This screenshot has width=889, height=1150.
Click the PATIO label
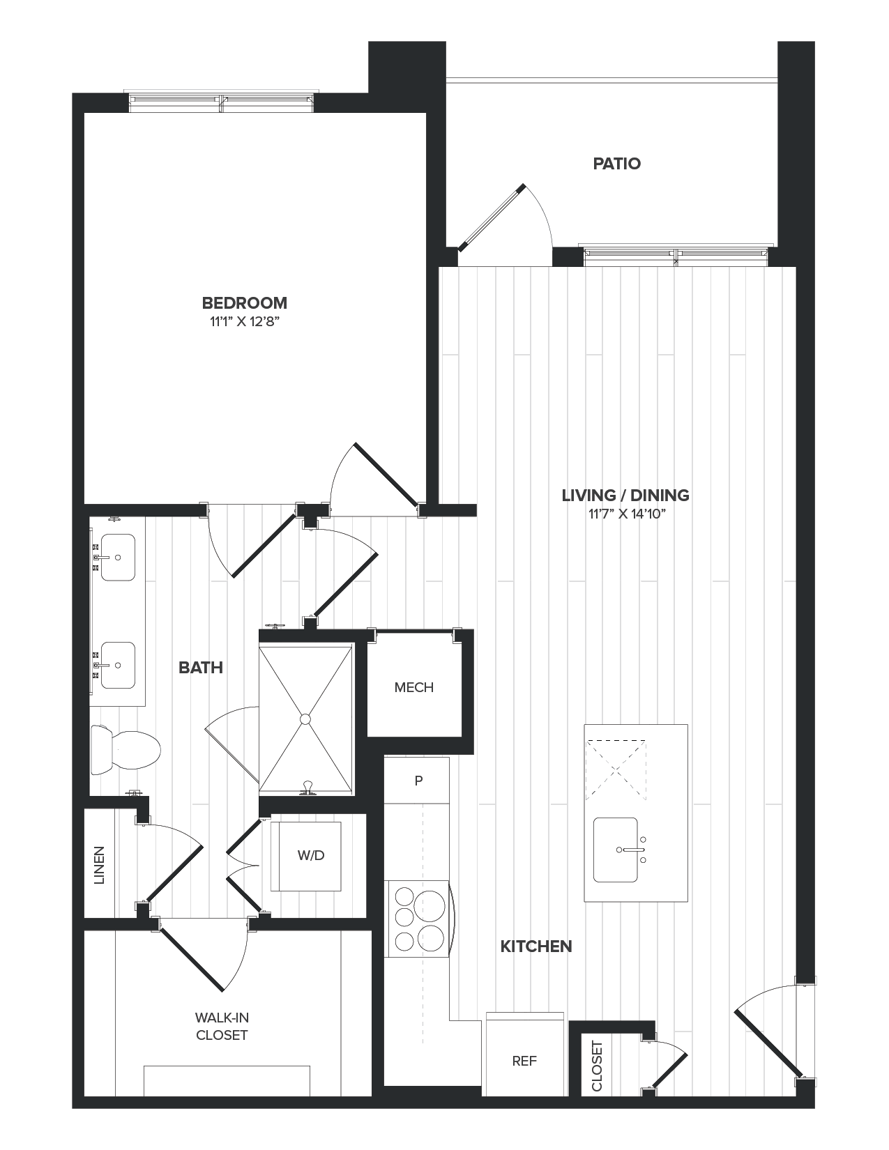(x=616, y=164)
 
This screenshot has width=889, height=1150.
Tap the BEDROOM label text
(x=244, y=303)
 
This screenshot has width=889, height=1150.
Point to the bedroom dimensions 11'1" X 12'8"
(x=244, y=322)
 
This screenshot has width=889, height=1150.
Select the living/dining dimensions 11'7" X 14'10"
(x=625, y=515)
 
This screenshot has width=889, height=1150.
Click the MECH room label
(x=413, y=688)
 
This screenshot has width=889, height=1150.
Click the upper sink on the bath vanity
(x=118, y=558)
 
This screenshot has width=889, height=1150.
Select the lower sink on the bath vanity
(x=118, y=665)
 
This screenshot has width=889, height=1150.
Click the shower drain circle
(x=305, y=719)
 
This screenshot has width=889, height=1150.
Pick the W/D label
(x=311, y=855)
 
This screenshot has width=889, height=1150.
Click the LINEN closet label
(x=99, y=865)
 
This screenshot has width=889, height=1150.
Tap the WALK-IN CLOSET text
(x=222, y=1027)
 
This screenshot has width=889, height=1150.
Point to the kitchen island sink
(x=615, y=850)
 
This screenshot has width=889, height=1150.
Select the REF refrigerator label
(x=524, y=1061)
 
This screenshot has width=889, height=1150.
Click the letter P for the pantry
(x=418, y=781)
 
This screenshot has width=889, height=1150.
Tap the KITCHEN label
(x=536, y=946)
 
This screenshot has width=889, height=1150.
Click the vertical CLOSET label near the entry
(x=598, y=1066)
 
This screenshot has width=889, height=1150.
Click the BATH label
(x=201, y=668)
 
